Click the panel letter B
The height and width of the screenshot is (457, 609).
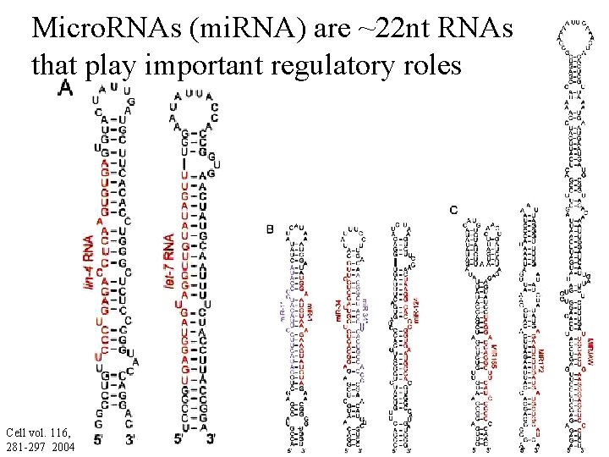click(x=270, y=229)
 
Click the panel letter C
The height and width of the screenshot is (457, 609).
click(x=454, y=210)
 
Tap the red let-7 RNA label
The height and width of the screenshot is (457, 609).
click(x=169, y=259)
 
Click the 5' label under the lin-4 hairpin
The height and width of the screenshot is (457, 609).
click(x=100, y=439)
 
